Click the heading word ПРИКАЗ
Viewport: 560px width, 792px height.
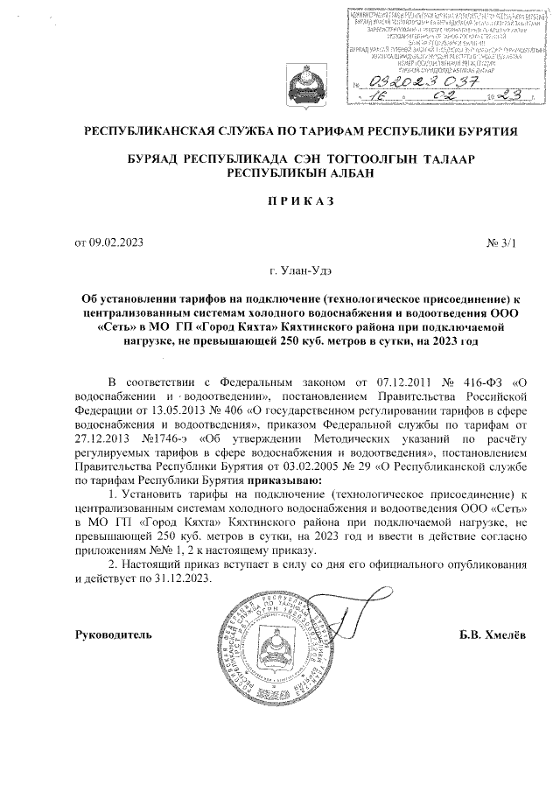click(x=300, y=200)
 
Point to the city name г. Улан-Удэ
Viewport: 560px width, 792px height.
click(x=301, y=270)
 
